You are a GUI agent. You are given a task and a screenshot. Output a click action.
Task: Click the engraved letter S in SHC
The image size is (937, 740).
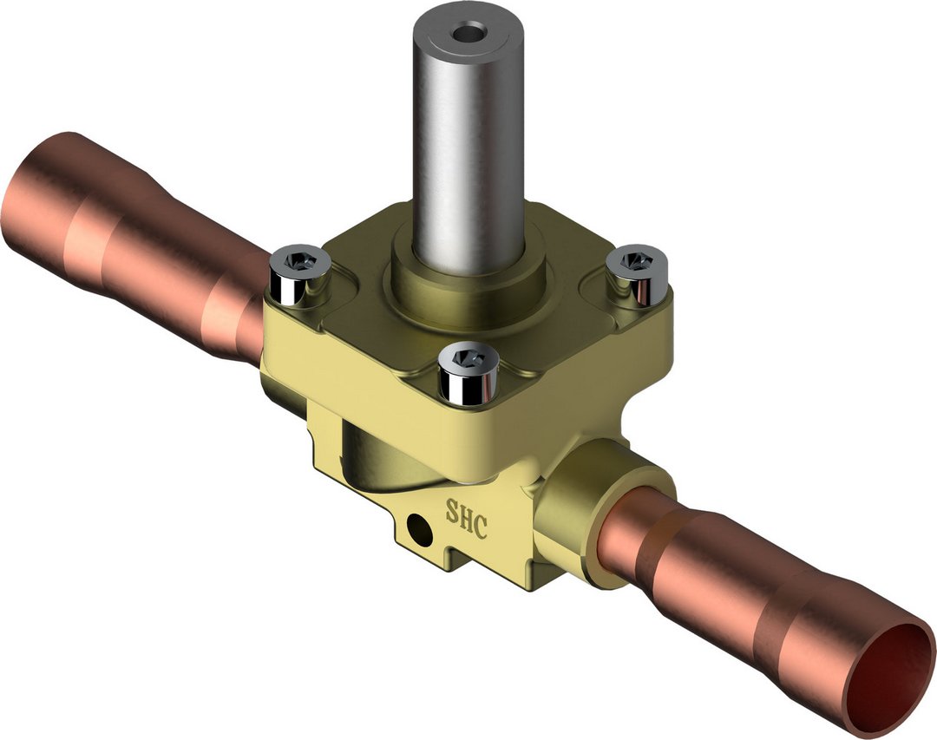(x=452, y=510)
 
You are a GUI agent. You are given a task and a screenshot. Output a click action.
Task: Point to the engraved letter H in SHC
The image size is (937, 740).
(x=466, y=518)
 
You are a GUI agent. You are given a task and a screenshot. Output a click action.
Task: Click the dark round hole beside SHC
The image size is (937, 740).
(x=418, y=525)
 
